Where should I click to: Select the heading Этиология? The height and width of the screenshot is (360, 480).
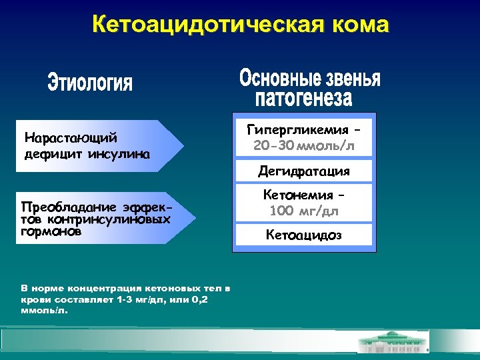coord(91,84)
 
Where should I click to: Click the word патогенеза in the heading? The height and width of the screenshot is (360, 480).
coord(303,99)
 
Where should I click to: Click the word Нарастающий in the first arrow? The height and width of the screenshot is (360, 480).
coord(71,138)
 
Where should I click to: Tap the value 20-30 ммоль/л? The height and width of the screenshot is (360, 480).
coord(303,145)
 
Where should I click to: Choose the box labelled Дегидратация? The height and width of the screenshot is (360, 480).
coord(303,171)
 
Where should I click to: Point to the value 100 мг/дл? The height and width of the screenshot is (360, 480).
coord(303,212)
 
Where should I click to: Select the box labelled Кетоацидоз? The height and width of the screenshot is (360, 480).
coord(303,234)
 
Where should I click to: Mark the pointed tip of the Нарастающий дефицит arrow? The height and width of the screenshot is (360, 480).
coord(183,145)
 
